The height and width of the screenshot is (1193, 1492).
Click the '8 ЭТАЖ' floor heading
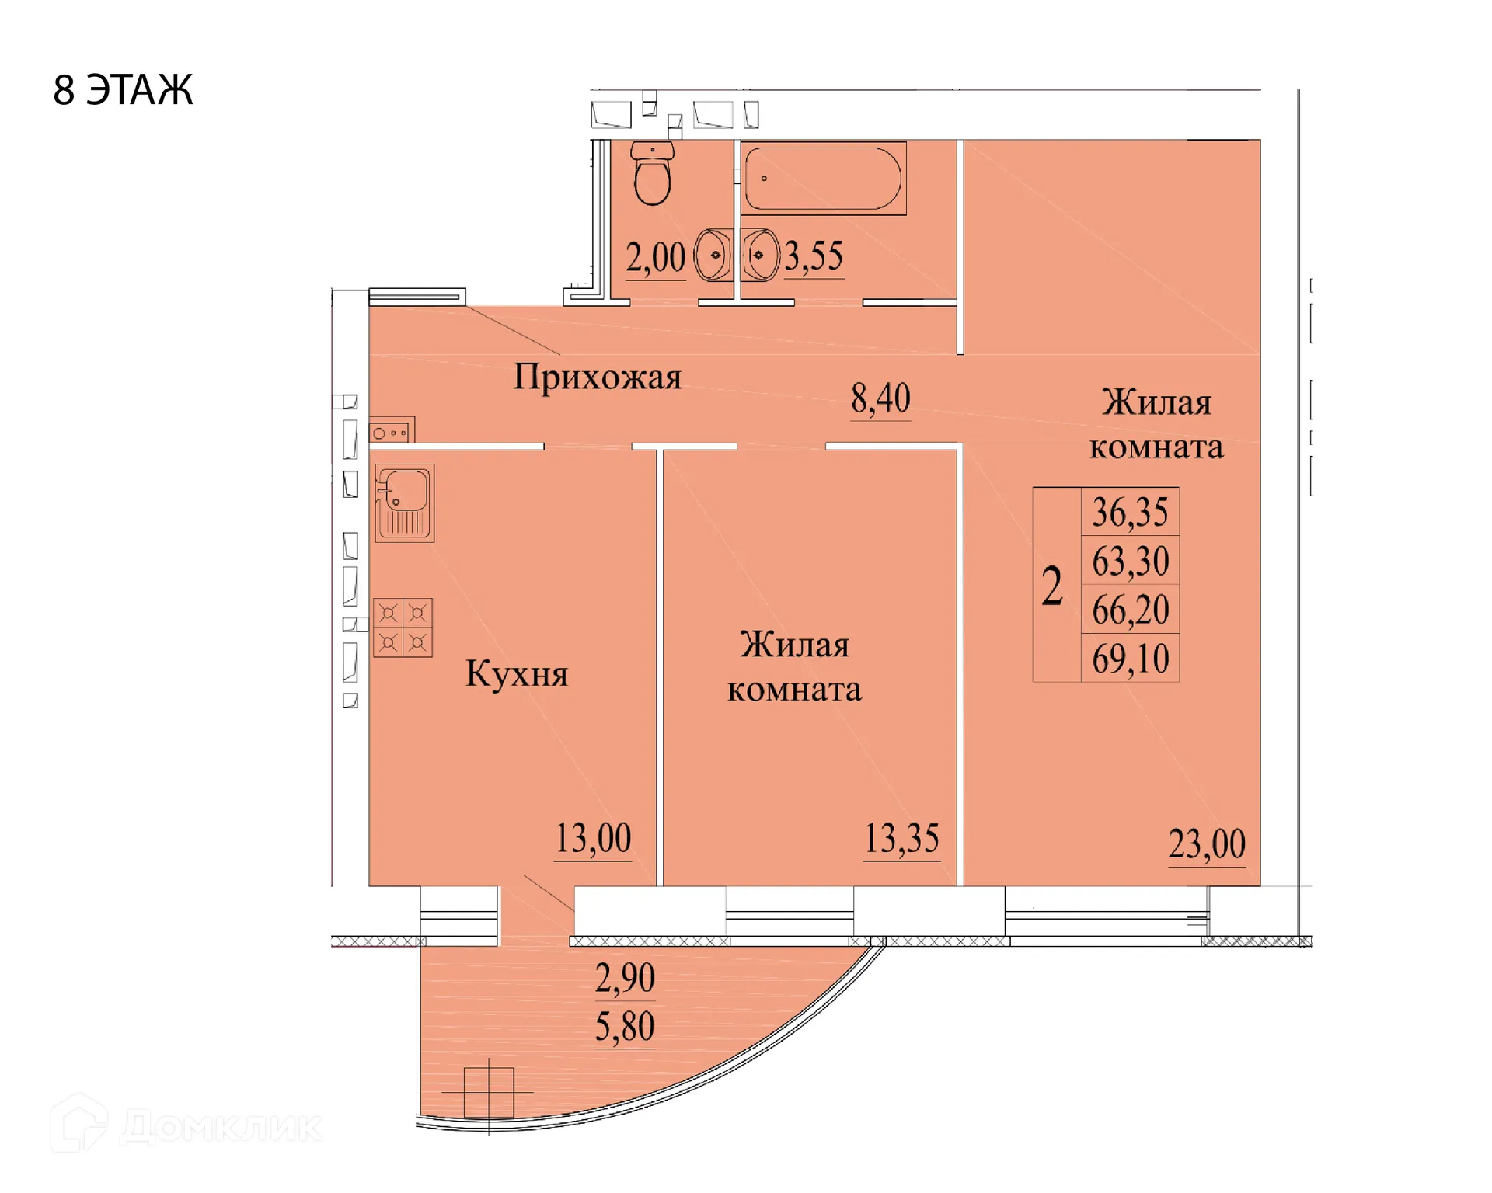pyautogui.click(x=123, y=90)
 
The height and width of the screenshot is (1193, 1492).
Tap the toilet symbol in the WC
pyautogui.click(x=652, y=174)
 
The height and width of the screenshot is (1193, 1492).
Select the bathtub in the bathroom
pyautogui.click(x=823, y=178)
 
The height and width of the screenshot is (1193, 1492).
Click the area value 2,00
pyautogui.click(x=655, y=258)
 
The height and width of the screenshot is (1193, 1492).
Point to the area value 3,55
pyautogui.click(x=813, y=256)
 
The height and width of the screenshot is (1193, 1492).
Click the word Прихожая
pyautogui.click(x=597, y=377)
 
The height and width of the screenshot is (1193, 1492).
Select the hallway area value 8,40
pyautogui.click(x=880, y=399)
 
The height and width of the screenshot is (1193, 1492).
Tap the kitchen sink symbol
pyautogui.click(x=405, y=503)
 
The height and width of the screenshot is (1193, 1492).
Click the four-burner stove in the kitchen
pyautogui.click(x=403, y=628)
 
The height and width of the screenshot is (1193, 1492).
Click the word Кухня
pyautogui.click(x=517, y=673)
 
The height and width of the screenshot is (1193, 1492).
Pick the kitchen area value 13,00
pyautogui.click(x=593, y=839)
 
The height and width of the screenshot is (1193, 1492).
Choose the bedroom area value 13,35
pyautogui.click(x=901, y=840)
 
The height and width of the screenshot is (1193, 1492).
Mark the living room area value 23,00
pyautogui.click(x=1207, y=844)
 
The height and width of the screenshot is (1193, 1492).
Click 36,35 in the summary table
pyautogui.click(x=1130, y=513)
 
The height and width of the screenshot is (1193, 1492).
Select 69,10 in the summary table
pyautogui.click(x=1130, y=659)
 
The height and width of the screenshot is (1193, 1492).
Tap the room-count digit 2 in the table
pyautogui.click(x=1052, y=586)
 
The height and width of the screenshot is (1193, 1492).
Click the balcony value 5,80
pyautogui.click(x=625, y=1027)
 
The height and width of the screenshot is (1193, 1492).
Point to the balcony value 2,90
pyautogui.click(x=625, y=978)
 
